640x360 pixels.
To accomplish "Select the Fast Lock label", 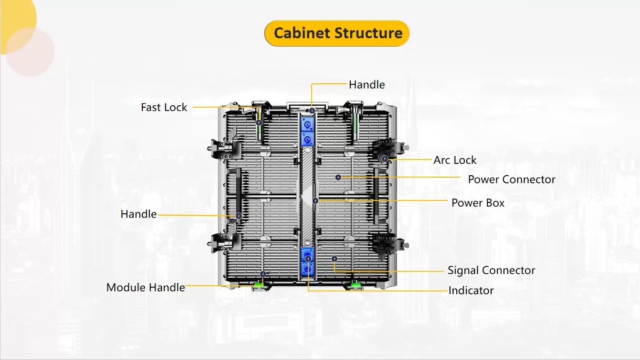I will [164, 108].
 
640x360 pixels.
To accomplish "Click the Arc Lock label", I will [454, 160].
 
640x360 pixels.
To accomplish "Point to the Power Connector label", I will [511, 180].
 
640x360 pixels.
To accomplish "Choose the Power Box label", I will [477, 203].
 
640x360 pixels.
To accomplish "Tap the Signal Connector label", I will [491, 270].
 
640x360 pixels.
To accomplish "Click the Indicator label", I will [471, 290].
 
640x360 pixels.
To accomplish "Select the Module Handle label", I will [145, 288].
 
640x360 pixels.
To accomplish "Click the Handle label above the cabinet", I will [366, 85].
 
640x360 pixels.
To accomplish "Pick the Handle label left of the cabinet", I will [138, 214].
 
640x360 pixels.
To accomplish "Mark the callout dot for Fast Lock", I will [259, 122].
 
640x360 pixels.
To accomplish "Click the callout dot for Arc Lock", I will [384, 159].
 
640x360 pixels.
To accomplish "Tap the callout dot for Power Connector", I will [338, 177].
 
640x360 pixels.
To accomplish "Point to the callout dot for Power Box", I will [315, 200].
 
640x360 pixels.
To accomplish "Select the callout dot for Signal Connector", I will [334, 258].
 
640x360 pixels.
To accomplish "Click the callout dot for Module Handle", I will [263, 274].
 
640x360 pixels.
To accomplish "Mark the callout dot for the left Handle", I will [239, 216].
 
